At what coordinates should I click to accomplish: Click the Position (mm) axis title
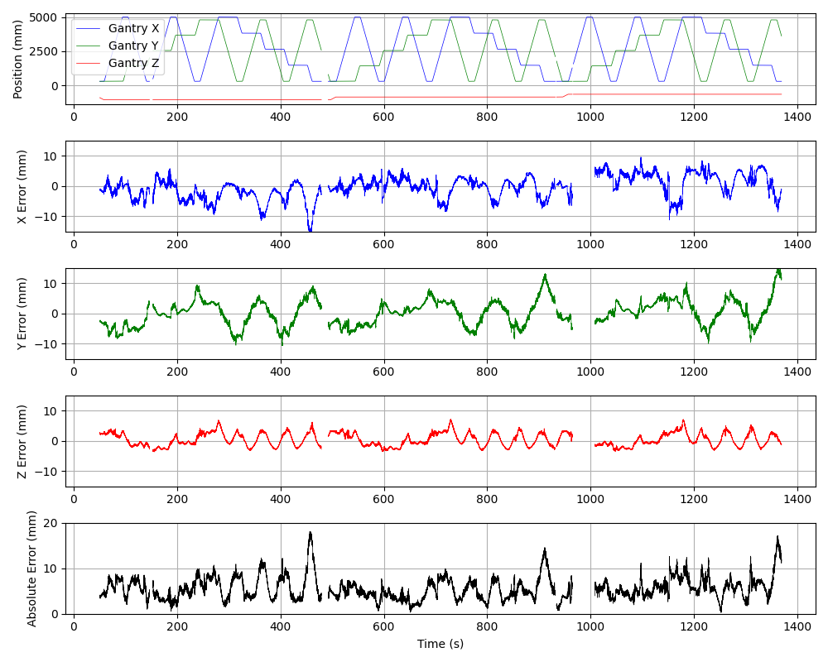18,59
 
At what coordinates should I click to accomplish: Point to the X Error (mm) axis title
23,186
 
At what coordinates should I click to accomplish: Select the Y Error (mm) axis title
23,314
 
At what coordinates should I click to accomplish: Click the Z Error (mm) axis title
23,441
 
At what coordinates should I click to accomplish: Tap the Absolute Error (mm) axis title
32,568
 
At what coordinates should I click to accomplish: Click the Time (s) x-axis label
440,644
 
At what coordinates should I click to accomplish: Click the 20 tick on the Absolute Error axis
52,523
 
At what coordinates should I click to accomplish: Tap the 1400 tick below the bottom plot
797,628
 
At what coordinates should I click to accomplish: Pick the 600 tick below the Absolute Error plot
383,628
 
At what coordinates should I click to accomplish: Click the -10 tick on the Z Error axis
48,472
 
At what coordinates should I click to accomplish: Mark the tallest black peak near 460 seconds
310,532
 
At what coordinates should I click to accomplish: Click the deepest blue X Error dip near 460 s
310,230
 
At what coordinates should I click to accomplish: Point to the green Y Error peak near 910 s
545,274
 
